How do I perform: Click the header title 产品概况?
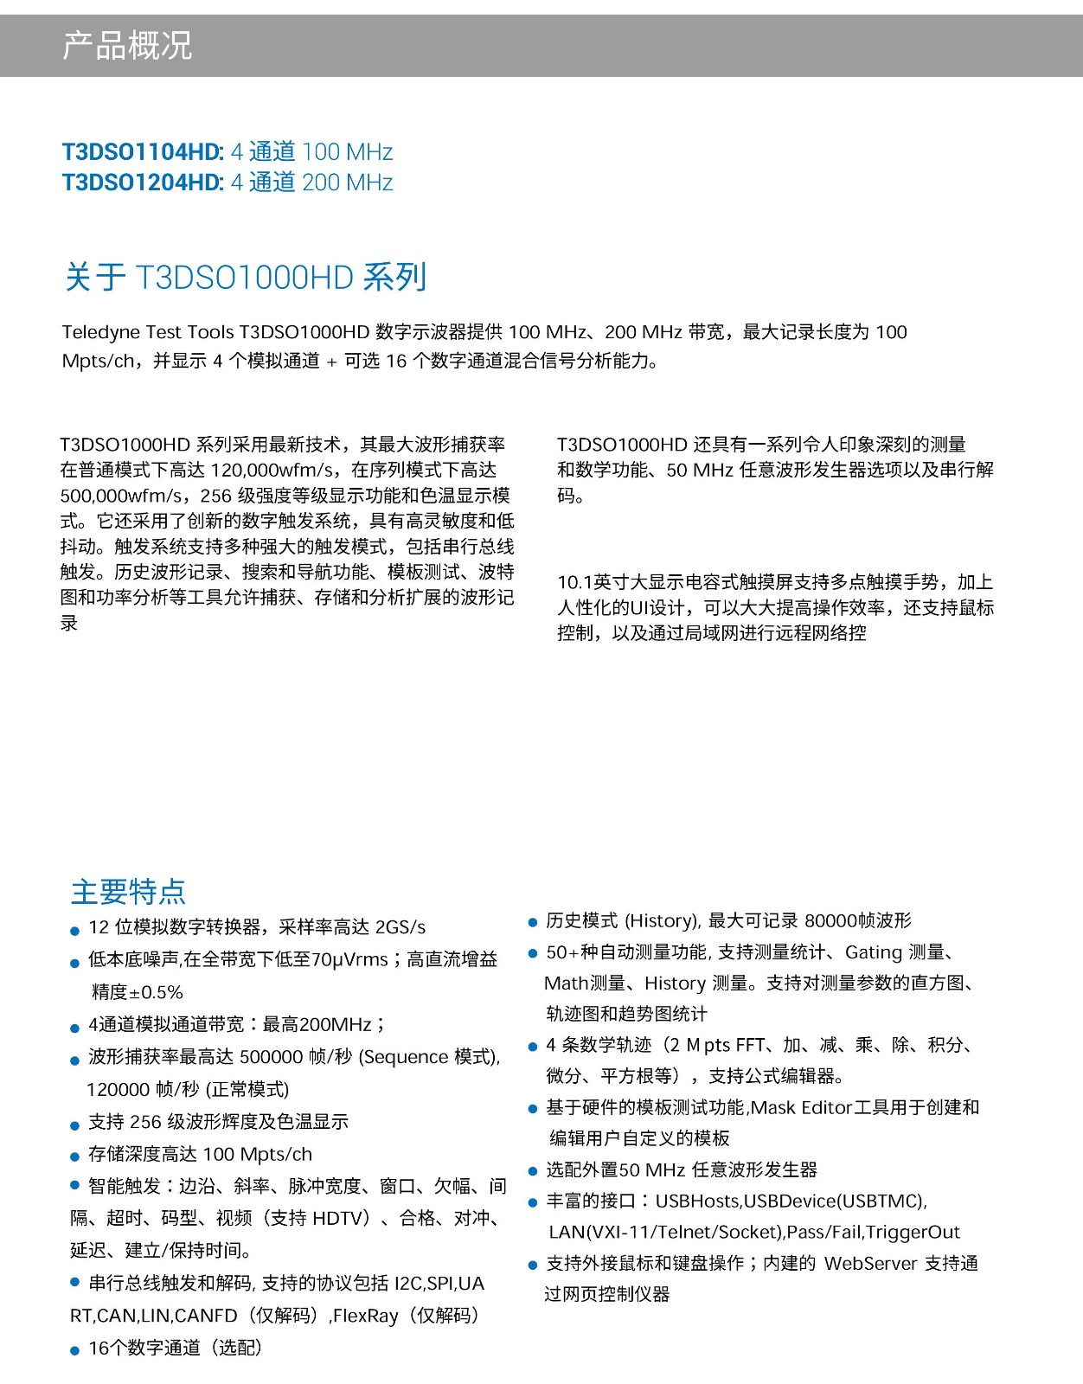click(x=127, y=45)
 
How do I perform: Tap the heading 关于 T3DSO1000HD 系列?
click(x=246, y=278)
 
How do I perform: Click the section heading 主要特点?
click(x=128, y=891)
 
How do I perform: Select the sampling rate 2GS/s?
click(x=401, y=927)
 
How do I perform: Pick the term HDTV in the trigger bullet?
click(x=336, y=1218)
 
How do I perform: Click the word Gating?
click(x=874, y=952)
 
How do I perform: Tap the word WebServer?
click(x=870, y=1263)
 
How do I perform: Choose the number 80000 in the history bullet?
click(x=830, y=920)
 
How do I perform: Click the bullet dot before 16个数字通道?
click(x=75, y=1350)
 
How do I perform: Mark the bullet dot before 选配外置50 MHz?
click(x=533, y=1171)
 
